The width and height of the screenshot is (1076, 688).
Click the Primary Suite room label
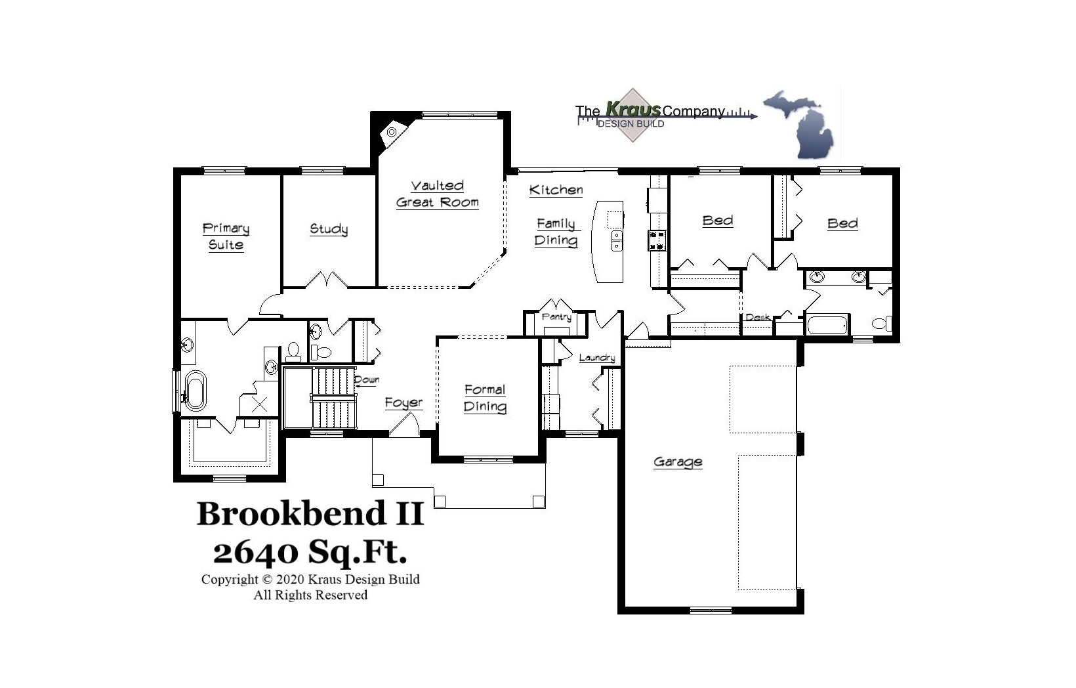point(226,236)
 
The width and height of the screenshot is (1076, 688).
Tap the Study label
point(329,229)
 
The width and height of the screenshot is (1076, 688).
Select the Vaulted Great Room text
point(438,194)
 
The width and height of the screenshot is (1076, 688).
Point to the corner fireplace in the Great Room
point(392,132)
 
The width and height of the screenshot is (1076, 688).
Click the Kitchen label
point(556,190)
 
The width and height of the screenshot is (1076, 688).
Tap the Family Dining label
point(556,232)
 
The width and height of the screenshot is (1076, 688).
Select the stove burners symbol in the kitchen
point(657,240)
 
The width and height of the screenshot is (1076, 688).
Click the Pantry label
point(556,317)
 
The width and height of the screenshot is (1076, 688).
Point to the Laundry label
point(596,358)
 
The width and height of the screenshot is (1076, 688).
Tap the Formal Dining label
point(485,398)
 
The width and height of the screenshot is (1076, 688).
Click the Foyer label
point(403,402)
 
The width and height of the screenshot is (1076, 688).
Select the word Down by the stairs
point(366,379)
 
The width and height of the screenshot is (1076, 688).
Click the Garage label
point(678,462)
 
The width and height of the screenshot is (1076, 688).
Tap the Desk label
point(758,317)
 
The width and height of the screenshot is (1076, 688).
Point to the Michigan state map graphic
point(800,124)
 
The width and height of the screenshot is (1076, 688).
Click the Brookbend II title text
point(310,513)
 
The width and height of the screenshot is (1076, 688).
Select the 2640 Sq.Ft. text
point(310,551)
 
